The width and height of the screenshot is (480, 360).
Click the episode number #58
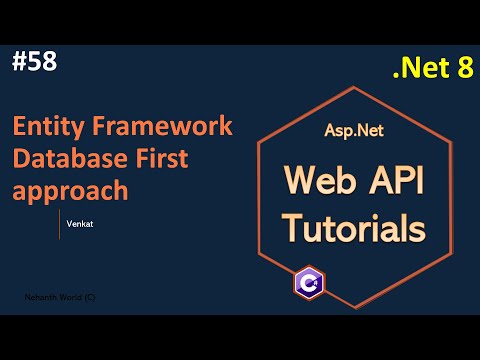(35, 61)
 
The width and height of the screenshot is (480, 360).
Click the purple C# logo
(308, 282)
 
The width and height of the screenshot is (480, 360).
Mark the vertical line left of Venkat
(59, 224)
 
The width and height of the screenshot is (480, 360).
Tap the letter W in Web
(296, 183)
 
